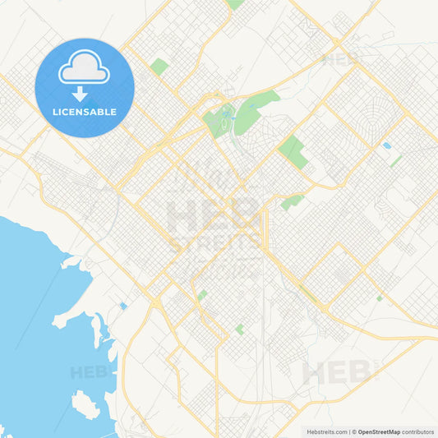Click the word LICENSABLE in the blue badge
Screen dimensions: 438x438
click(x=84, y=112)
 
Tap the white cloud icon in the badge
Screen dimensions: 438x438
click(x=84, y=70)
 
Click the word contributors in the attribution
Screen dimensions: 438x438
click(x=418, y=431)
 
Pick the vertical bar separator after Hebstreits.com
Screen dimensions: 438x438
click(x=348, y=431)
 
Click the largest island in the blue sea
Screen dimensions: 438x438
click(x=85, y=404)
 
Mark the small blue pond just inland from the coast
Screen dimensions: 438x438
click(x=123, y=306)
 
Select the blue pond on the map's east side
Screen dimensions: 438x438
click(x=386, y=145)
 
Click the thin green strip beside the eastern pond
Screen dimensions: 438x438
click(x=396, y=161)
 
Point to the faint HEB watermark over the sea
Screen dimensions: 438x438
click(x=89, y=372)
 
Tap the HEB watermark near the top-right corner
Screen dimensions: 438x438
click(x=340, y=59)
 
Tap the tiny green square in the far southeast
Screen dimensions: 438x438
click(x=379, y=298)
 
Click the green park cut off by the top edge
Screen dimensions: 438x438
click(x=236, y=4)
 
